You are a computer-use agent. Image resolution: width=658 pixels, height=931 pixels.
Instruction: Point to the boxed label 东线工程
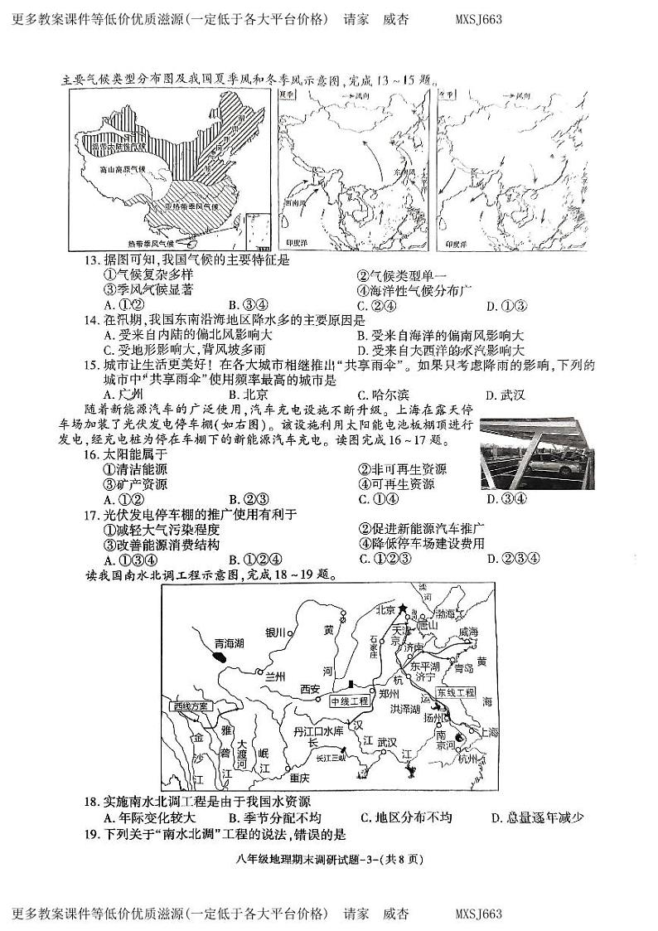pyautogui.click(x=457, y=691)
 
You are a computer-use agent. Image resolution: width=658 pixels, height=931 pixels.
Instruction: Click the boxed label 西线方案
pyautogui.click(x=191, y=706)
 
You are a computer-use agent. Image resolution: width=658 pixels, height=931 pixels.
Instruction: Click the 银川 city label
pyautogui.click(x=275, y=633)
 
